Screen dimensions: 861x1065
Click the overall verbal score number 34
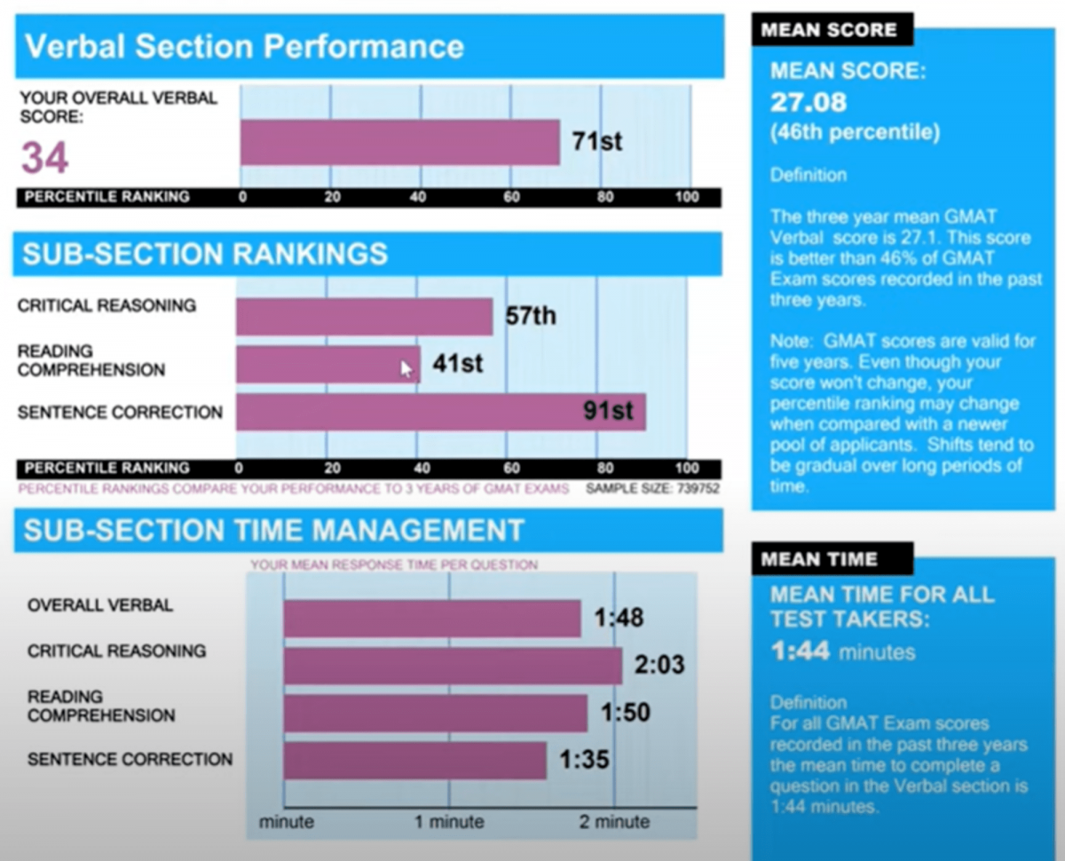pos(45,158)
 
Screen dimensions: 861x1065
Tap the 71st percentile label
pos(596,142)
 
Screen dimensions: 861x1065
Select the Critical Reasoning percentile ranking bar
pos(364,317)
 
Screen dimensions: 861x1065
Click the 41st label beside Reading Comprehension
pos(457,363)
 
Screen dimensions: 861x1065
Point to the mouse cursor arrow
pos(406,369)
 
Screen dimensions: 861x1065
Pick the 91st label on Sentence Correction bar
pos(608,411)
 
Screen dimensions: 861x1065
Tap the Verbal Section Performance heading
pos(244,46)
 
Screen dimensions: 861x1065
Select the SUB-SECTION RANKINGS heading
pos(205,254)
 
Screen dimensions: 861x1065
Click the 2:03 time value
pos(659,664)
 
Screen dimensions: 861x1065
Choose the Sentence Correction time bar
pos(414,761)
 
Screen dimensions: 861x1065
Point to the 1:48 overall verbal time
pos(619,617)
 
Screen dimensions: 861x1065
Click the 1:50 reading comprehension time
pos(625,712)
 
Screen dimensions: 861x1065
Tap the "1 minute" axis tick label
pos(449,822)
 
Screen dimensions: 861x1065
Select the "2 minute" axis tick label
pos(614,822)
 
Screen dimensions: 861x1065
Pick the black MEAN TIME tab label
pos(818,559)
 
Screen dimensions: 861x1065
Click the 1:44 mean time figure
pos(800,652)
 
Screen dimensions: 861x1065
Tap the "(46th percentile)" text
pos(855,133)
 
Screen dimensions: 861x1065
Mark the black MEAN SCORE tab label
pos(828,29)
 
